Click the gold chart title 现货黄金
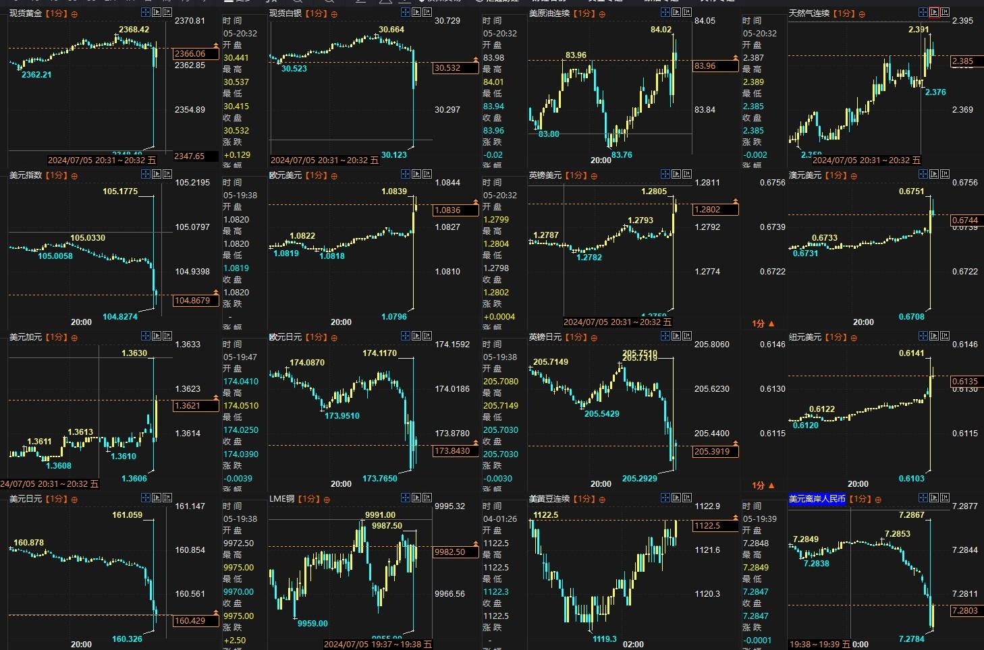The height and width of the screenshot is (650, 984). point(26,13)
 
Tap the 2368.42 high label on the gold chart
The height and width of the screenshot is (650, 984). point(134,30)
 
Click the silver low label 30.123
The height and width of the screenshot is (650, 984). point(394,155)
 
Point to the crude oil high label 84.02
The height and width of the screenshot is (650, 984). point(661,30)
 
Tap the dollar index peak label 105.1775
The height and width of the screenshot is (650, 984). point(120,191)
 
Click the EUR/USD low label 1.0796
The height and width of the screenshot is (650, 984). point(394,317)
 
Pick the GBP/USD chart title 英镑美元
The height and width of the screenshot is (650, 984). point(545,175)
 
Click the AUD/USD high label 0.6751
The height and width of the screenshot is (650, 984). point(911,191)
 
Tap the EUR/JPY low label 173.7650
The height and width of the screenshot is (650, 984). point(380,479)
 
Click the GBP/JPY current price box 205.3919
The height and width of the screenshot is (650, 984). point(713,452)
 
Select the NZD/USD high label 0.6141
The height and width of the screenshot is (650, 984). point(911,353)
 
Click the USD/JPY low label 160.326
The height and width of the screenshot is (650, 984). point(127,639)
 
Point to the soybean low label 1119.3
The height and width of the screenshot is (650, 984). point(605,639)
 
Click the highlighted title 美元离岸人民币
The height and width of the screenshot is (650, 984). point(817,499)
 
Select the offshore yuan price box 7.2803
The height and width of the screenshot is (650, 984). point(964,611)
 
